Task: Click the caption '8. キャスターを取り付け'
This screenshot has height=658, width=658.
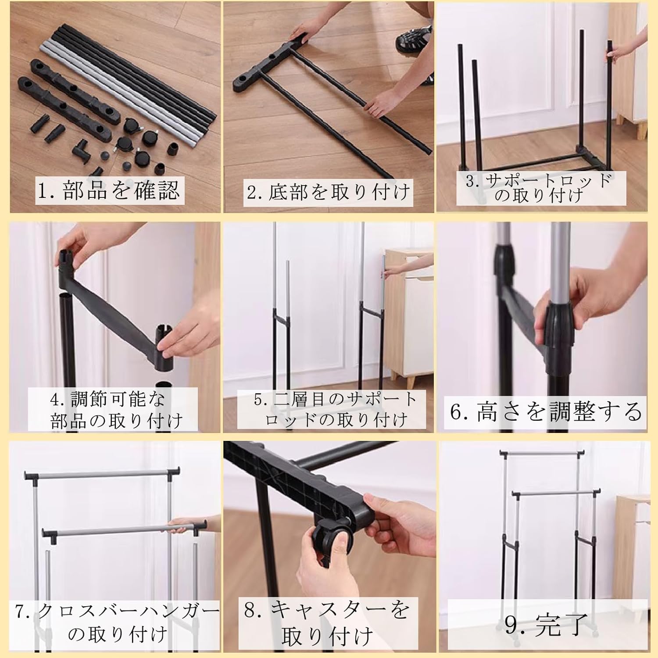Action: pyautogui.click(x=327, y=623)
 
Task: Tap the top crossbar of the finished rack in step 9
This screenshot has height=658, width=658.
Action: pyautogui.click(x=542, y=452)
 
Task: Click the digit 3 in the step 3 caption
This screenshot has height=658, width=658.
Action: pyautogui.click(x=471, y=181)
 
